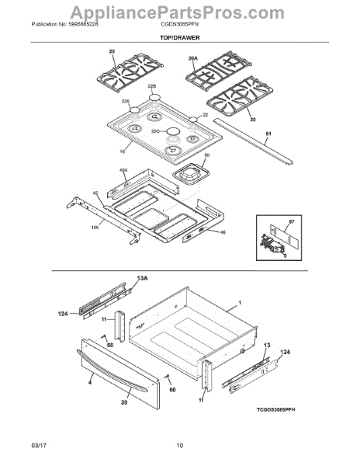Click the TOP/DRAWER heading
[179, 37]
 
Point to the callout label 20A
[193, 57]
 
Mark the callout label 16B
[95, 228]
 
